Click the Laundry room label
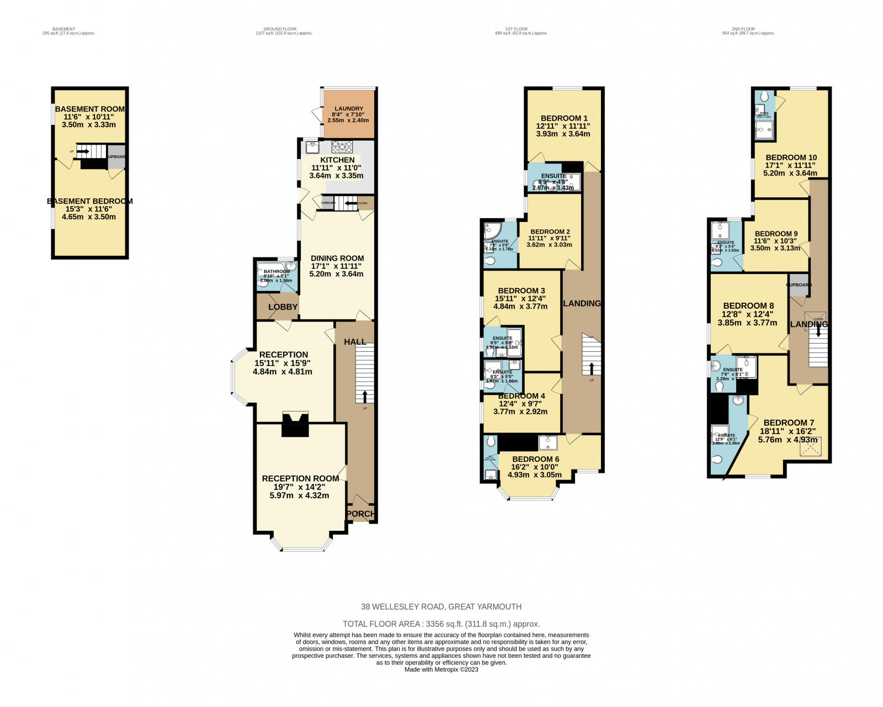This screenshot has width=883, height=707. coord(349,109)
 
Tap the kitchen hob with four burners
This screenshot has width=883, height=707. coord(342,146)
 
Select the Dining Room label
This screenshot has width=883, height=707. coord(337,258)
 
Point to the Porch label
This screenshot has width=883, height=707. coord(361,514)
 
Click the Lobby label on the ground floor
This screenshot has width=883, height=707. coord(283,307)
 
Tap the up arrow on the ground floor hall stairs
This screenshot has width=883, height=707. coord(365,395)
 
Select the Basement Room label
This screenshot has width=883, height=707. coord(89,109)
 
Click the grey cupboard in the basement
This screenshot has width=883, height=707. coord(116,157)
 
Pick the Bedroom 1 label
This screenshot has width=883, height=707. coord(563,118)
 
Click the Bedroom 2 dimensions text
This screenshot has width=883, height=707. coord(549,241)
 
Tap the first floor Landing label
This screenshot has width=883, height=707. coord(582,303)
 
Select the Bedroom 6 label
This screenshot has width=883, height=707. coord(535,459)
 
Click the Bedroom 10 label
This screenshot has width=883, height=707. coord(791,157)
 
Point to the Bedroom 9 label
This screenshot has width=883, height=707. coord(776,234)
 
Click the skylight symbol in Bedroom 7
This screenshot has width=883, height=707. coord(815,446)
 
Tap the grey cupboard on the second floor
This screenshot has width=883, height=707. coord(799,284)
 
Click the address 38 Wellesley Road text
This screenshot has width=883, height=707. coord(441,606)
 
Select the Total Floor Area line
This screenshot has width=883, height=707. coord(441,624)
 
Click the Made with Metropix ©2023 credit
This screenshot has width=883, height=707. coord(441,669)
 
